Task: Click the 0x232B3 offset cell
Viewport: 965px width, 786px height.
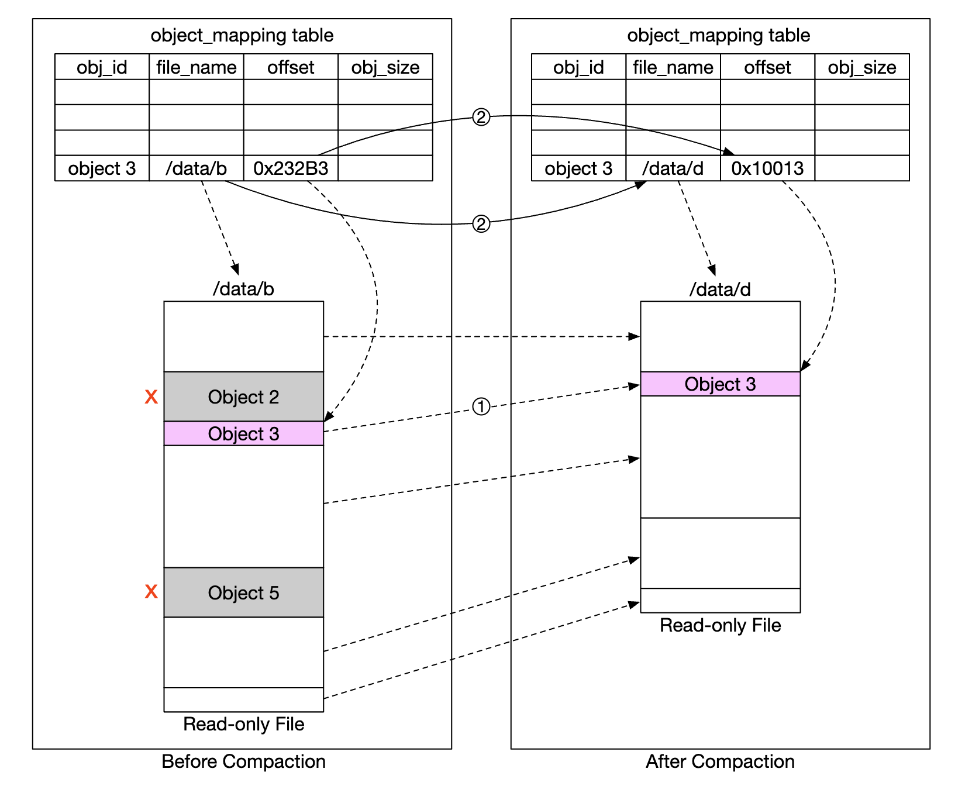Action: point(291,168)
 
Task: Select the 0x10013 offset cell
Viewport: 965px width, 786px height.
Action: point(767,168)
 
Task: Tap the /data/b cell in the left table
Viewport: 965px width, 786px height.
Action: point(196,168)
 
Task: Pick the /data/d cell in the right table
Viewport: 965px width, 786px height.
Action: point(673,168)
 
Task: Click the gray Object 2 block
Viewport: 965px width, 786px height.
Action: point(243,397)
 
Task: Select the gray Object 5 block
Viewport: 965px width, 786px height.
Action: point(243,592)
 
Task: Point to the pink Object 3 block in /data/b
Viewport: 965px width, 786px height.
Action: point(243,434)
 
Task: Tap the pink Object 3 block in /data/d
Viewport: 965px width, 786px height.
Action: point(720,384)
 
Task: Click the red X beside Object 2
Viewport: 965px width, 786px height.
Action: point(151,397)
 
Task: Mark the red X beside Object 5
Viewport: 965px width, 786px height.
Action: point(151,592)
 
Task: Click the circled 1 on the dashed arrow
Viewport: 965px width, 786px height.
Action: point(481,406)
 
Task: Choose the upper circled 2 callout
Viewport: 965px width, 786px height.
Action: point(481,118)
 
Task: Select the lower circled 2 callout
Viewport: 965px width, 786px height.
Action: point(481,224)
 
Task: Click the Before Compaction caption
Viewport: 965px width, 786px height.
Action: point(243,761)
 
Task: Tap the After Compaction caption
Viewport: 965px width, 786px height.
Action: point(720,761)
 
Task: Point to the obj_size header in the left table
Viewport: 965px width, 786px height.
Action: point(385,67)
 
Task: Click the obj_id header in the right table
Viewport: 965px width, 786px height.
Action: point(578,67)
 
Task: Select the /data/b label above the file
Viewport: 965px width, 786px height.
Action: point(243,289)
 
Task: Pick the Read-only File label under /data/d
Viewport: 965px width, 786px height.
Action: point(720,625)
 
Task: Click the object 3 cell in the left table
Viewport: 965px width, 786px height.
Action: point(102,168)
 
